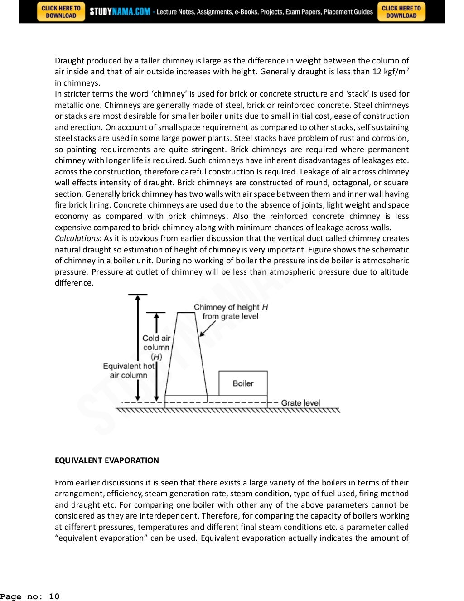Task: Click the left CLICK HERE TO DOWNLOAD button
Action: [61, 12]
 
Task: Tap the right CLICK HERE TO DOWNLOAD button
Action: [401, 12]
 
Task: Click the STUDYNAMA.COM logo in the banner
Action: [120, 12]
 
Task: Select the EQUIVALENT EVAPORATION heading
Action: [106, 460]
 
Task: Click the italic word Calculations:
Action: [78, 238]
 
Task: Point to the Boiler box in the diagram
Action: [243, 383]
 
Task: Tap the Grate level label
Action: [300, 403]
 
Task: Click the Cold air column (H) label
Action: [156, 347]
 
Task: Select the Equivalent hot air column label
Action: [129, 370]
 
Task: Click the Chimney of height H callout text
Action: [231, 311]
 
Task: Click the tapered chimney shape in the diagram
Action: [186, 358]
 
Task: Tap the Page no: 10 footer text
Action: [30, 596]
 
